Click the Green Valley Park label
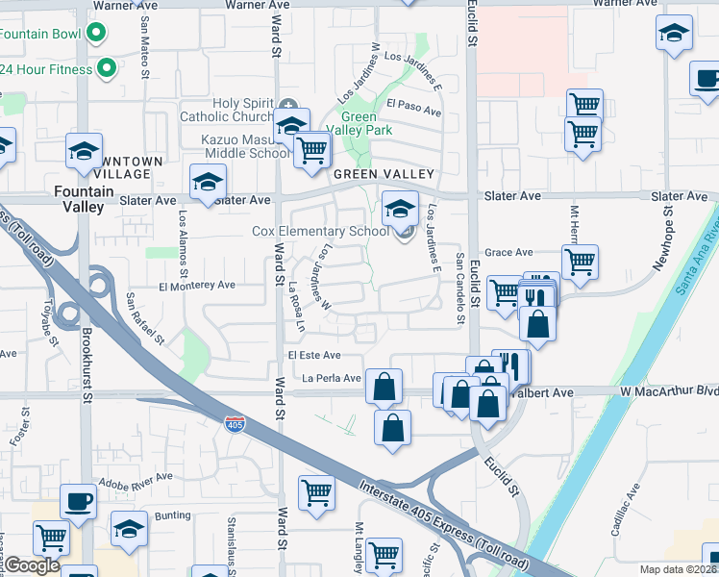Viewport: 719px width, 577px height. [359, 122]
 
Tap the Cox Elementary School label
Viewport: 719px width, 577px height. [321, 232]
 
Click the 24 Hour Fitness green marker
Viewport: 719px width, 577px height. [108, 69]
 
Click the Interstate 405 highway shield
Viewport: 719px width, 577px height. [235, 423]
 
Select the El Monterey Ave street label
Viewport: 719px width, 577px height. [197, 285]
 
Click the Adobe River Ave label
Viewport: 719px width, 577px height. [136, 476]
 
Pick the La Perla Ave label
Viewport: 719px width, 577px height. [331, 378]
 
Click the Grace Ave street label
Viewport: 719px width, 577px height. [508, 252]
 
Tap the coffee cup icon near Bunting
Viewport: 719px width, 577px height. [78, 500]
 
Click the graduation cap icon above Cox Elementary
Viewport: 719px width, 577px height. [399, 207]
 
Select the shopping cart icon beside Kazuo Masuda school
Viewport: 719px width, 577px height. [311, 149]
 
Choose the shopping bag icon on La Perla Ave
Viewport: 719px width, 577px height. [384, 387]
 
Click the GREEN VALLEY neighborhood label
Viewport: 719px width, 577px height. [384, 174]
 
